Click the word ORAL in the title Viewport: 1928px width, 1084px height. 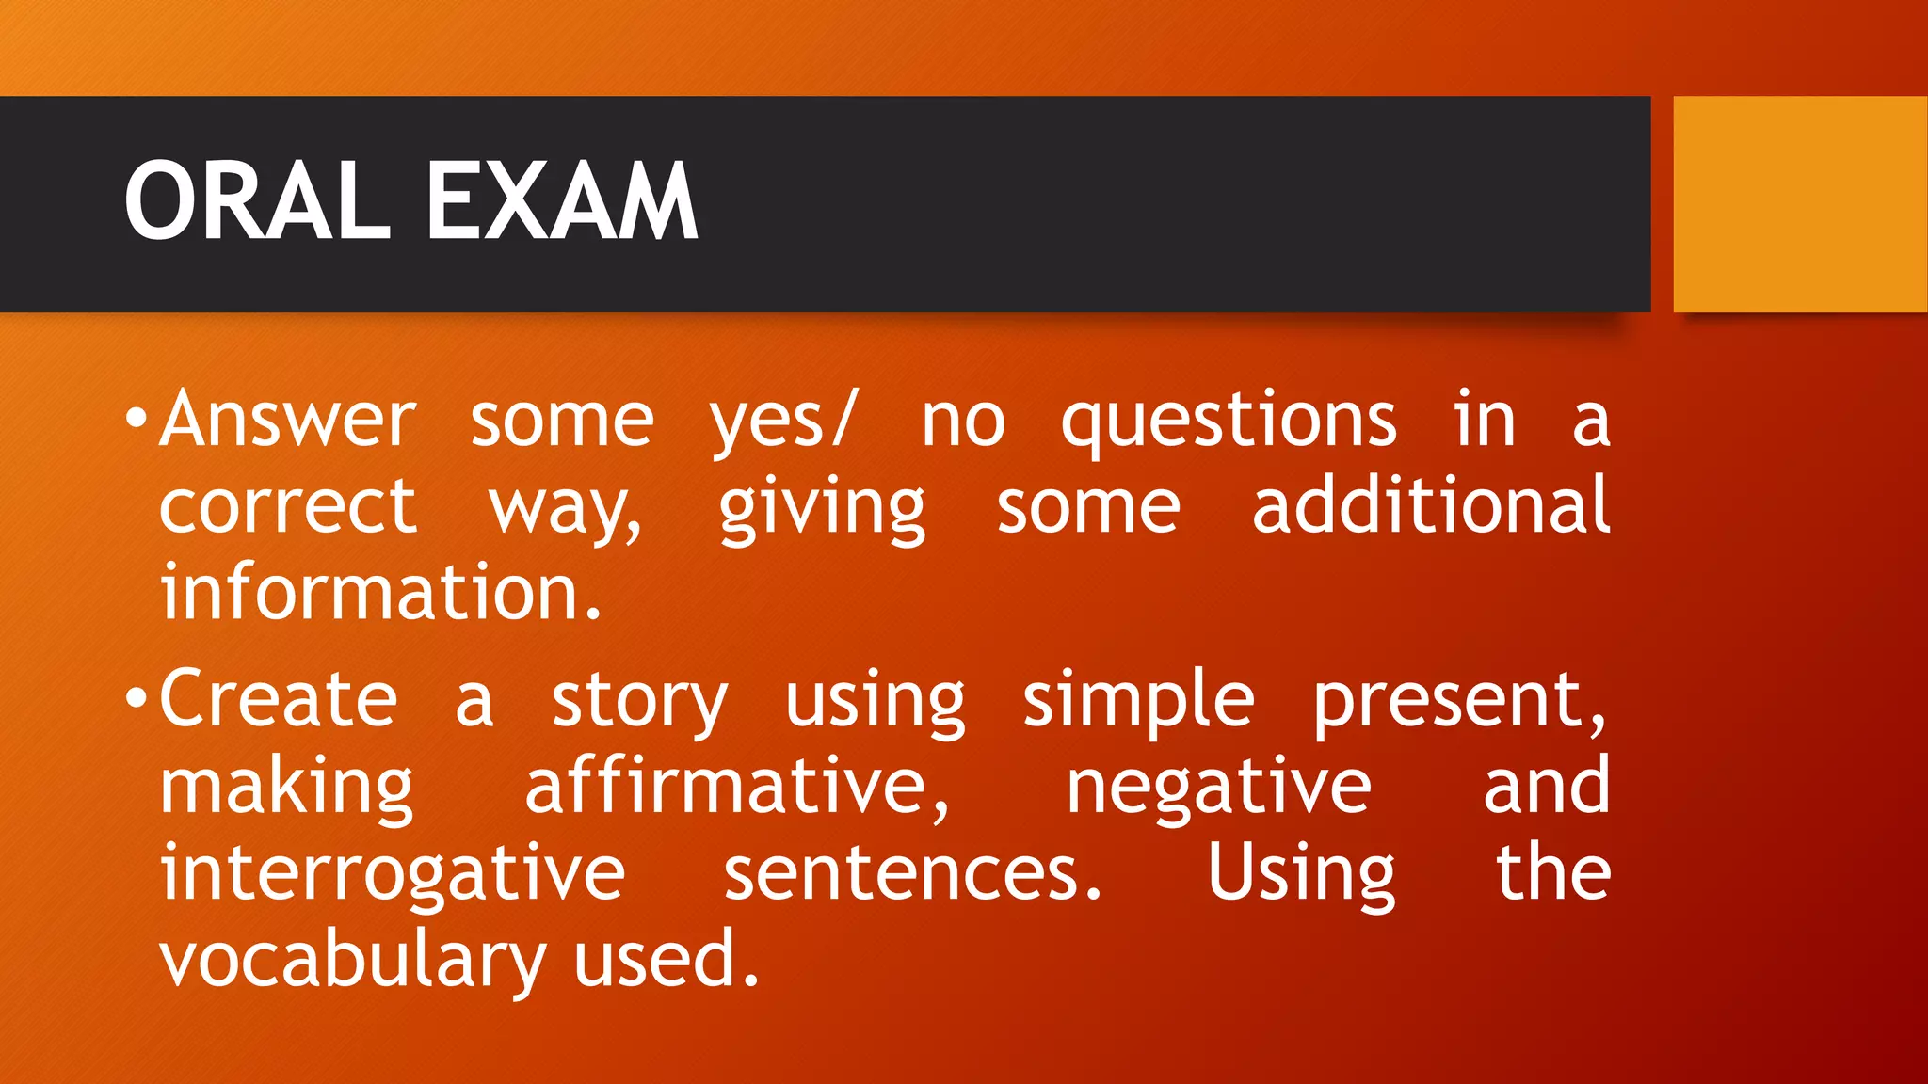tap(256, 201)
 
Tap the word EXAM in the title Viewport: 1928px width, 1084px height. tap(561, 201)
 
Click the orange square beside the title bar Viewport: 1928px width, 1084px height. tap(1800, 204)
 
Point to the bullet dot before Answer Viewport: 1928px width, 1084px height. tap(137, 419)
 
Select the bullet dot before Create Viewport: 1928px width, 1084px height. tap(137, 698)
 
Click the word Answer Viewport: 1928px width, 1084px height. tap(287, 419)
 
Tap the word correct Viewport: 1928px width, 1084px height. tap(287, 508)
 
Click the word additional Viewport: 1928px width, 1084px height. tap(1431, 505)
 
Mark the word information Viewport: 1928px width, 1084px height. tap(380, 593)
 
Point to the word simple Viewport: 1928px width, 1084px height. tap(1138, 701)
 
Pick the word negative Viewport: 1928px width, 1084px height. tap(1218, 789)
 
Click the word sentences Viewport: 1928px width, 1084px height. tap(911, 873)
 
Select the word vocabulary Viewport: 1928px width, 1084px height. tap(353, 960)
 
